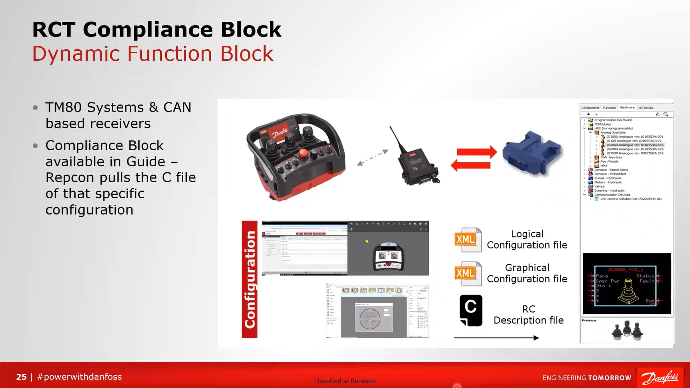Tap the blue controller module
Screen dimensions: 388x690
[x=532, y=153]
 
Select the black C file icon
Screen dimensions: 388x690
[x=471, y=310]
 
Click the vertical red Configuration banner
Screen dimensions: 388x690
[x=249, y=279]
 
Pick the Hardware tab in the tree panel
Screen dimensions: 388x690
[x=627, y=107]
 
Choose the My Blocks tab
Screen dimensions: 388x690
[x=645, y=108]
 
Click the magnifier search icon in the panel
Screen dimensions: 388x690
[x=666, y=114]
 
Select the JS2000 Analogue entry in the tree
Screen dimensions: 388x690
[x=634, y=145]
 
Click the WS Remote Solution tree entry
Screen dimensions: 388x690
[x=631, y=199]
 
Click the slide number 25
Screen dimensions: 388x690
[x=21, y=377]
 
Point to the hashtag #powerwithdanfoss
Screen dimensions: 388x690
[x=79, y=377]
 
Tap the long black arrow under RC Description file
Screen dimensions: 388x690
[x=496, y=338]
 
